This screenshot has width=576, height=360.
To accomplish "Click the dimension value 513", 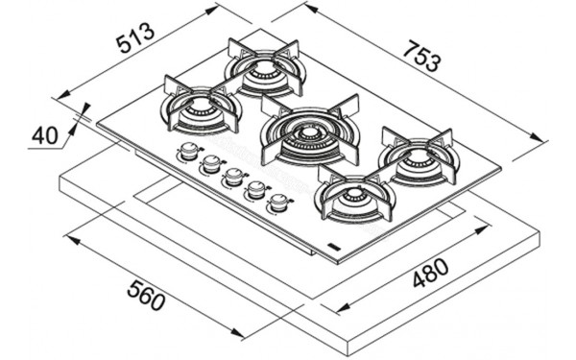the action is (134, 37).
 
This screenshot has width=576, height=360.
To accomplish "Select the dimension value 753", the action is (420, 57).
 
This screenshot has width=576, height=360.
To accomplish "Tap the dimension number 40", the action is (44, 135).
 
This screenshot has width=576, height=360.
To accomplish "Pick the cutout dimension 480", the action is (430, 273).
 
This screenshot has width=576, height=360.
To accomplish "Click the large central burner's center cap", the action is (308, 134).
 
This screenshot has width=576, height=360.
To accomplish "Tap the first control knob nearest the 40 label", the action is (189, 151).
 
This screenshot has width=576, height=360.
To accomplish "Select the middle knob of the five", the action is (233, 177).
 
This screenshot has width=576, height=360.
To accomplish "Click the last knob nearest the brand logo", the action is (278, 203).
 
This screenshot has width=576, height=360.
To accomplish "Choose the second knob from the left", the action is (211, 164).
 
